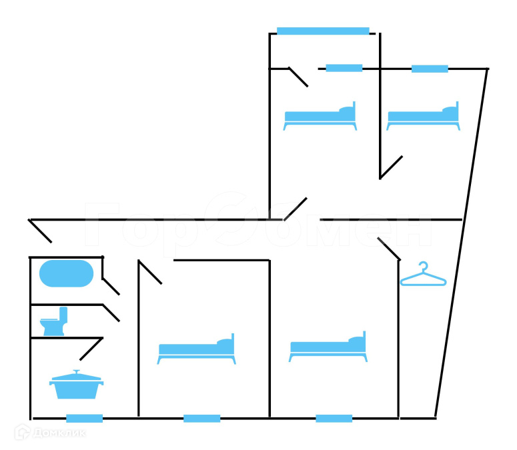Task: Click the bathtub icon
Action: (67, 273)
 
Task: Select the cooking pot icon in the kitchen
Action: (77, 386)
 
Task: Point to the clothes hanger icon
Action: (423, 275)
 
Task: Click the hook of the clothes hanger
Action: (423, 266)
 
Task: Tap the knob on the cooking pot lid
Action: (77, 372)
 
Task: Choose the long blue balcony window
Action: (323, 31)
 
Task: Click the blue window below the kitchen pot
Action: (85, 419)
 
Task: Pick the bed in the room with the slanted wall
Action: (424, 117)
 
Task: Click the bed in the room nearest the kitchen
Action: (197, 349)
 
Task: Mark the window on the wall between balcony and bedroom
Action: (344, 68)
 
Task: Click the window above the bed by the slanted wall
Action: (430, 69)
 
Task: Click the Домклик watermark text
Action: (58, 433)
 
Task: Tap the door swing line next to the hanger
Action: (388, 249)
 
